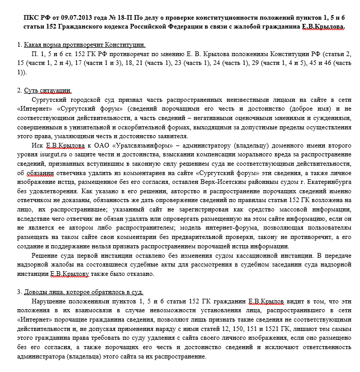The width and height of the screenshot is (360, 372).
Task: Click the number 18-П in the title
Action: [x=137, y=17]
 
